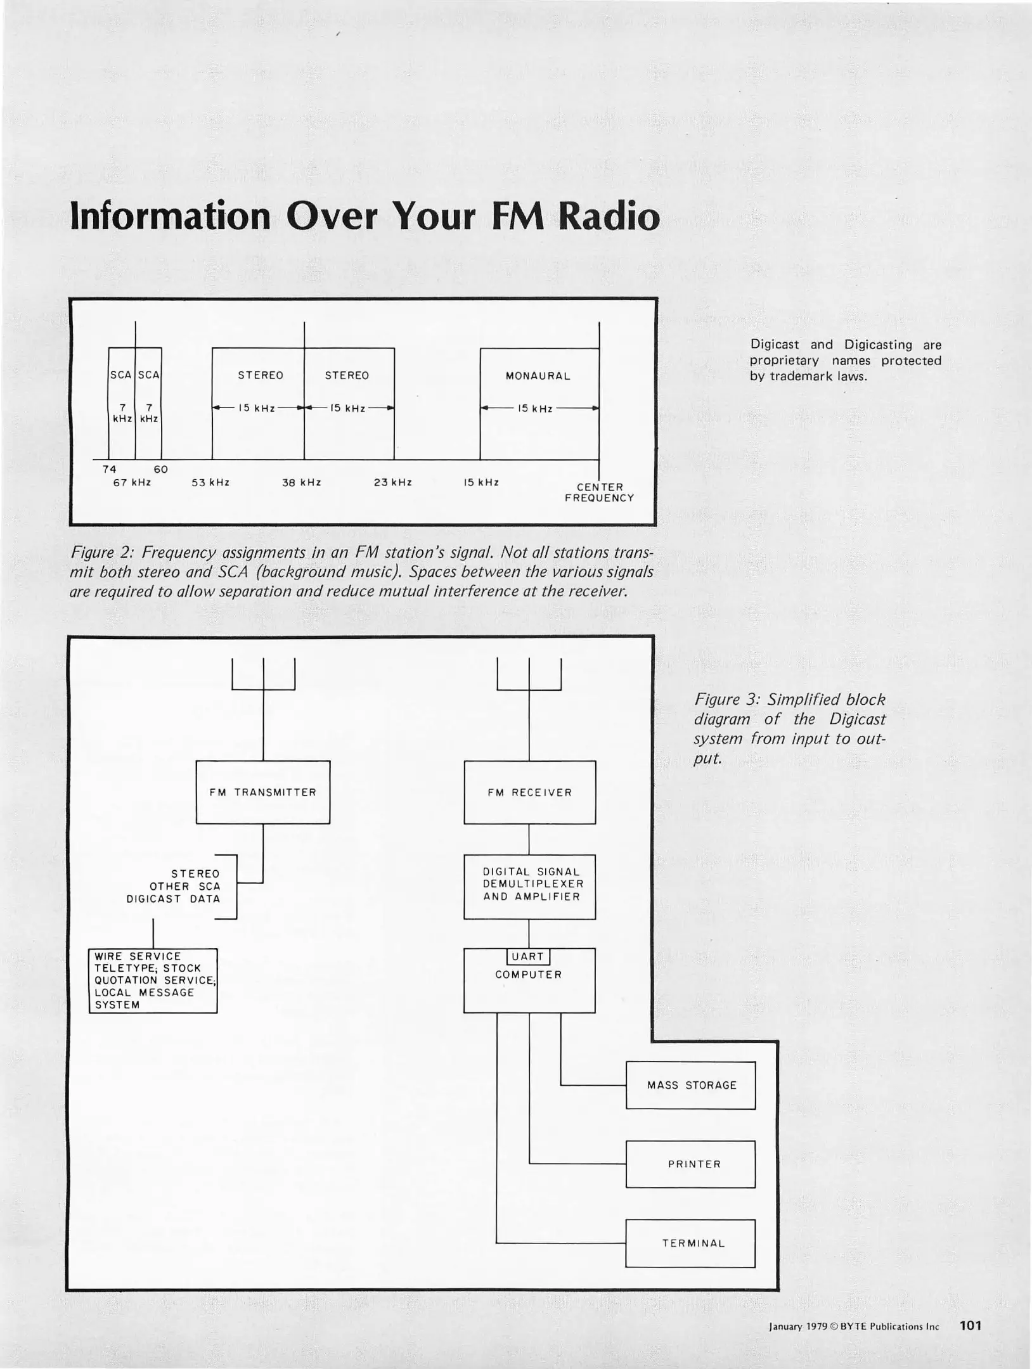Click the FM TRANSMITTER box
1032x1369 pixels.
click(263, 792)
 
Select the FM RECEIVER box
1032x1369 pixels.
click(529, 792)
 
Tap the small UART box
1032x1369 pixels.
click(528, 956)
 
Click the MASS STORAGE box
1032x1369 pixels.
click(691, 1085)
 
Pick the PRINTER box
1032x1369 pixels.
click(691, 1164)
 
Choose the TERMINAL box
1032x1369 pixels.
click(691, 1243)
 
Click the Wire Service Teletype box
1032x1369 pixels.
click(153, 980)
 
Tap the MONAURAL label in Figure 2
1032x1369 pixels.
click(538, 376)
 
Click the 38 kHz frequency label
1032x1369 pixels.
click(302, 482)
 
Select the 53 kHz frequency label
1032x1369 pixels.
click(210, 482)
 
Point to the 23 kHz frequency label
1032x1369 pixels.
click(393, 482)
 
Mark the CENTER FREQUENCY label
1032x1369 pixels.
click(600, 492)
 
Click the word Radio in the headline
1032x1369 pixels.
click(609, 217)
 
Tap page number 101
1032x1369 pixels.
click(971, 1325)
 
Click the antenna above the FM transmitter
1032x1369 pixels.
click(263, 675)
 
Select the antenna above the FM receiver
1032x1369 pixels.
click(529, 675)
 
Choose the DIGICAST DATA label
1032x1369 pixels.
click(173, 899)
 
